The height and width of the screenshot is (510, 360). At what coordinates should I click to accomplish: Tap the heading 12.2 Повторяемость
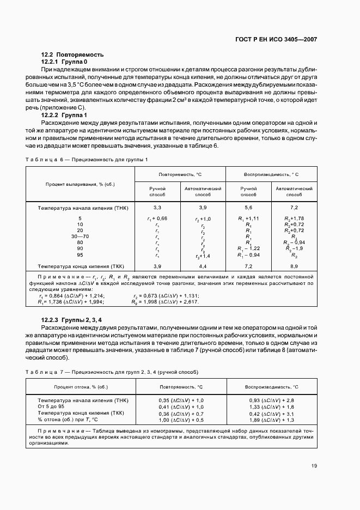click(x=72, y=55)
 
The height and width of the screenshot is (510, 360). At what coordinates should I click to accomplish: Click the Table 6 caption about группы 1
click(x=87, y=159)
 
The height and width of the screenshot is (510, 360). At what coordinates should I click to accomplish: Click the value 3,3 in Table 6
click(x=157, y=208)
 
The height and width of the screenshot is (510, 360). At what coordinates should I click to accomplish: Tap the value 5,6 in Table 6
click(x=248, y=208)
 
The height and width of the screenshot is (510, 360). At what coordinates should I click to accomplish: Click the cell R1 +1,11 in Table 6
click(x=248, y=218)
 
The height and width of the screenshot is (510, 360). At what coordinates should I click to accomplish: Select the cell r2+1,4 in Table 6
click(x=203, y=255)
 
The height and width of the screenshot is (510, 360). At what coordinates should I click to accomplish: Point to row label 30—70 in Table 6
click(x=80, y=236)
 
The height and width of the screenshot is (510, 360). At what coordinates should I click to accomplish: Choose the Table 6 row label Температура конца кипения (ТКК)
click(x=80, y=266)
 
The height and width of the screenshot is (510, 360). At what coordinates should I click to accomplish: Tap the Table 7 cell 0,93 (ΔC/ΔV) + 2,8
click(x=271, y=400)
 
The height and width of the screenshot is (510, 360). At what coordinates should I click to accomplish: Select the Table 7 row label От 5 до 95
click(x=51, y=407)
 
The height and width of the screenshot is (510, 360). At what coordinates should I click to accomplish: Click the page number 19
click(x=314, y=465)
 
